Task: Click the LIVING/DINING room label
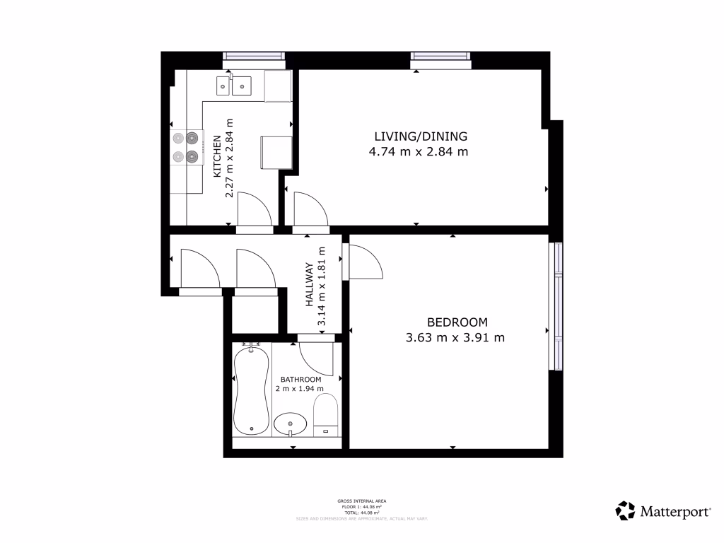[x=421, y=136]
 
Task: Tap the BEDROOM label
[x=457, y=322]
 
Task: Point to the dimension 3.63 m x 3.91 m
[x=455, y=338]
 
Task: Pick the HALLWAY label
[x=309, y=284]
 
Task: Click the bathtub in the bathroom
[x=251, y=390]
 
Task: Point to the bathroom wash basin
[x=291, y=424]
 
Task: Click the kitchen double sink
[x=234, y=86]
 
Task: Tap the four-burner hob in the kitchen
[x=185, y=147]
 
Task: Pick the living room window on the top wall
[x=441, y=61]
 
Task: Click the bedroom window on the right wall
[x=557, y=306]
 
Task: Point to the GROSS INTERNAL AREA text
[x=361, y=501]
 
